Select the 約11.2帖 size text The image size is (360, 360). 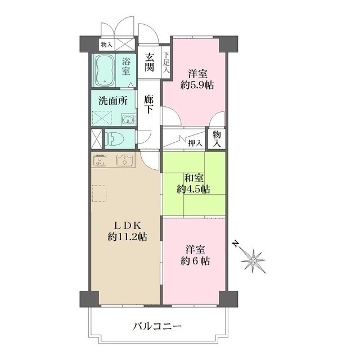click(x=127, y=237)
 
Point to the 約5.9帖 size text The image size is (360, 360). click(x=197, y=85)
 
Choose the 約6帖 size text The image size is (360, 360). click(x=196, y=261)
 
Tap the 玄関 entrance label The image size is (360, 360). click(x=149, y=62)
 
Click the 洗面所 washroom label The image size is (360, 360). click(x=112, y=102)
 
